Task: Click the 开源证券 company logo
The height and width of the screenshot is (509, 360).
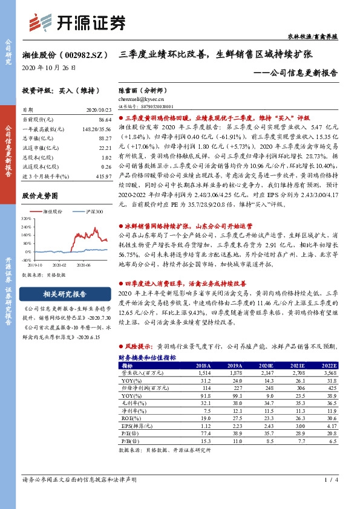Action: (x=77, y=23)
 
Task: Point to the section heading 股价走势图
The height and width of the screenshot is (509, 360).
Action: (x=39, y=196)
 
